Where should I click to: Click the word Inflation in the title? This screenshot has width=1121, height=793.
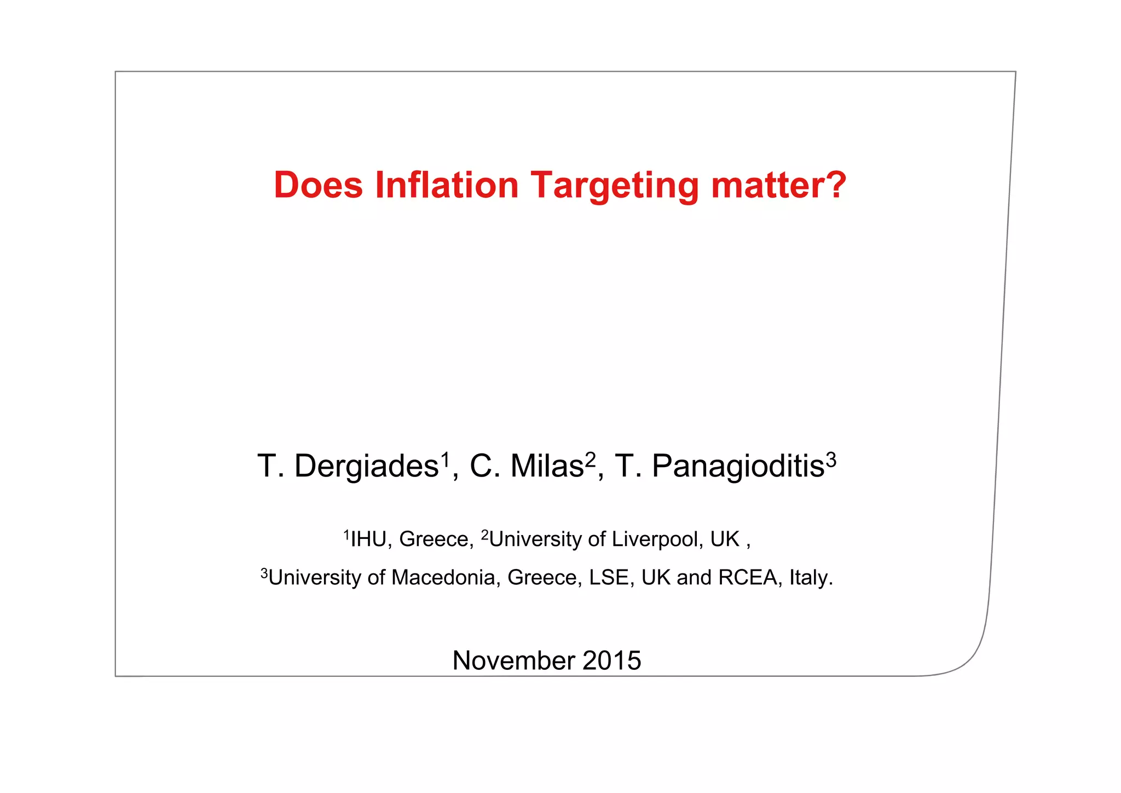tap(447, 185)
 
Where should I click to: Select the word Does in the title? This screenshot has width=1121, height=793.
tap(318, 185)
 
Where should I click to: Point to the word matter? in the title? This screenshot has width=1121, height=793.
tap(778, 185)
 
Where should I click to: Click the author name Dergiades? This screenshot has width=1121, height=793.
tap(366, 467)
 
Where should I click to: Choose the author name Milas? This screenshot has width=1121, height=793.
tap(547, 467)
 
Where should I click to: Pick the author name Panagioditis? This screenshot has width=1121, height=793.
tap(738, 467)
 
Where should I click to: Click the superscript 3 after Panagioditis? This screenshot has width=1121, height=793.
tap(831, 459)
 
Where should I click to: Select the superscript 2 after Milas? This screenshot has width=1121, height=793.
tap(590, 459)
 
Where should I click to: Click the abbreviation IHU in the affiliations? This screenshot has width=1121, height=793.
tap(368, 539)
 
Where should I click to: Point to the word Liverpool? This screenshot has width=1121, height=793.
tap(655, 539)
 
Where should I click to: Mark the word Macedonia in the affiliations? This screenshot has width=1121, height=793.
tap(443, 578)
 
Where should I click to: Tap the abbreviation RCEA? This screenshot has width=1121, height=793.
tap(747, 578)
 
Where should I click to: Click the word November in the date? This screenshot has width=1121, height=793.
tap(513, 660)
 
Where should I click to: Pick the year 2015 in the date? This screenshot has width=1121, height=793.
tap(611, 660)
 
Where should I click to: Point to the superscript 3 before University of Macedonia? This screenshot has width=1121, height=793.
tap(264, 573)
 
